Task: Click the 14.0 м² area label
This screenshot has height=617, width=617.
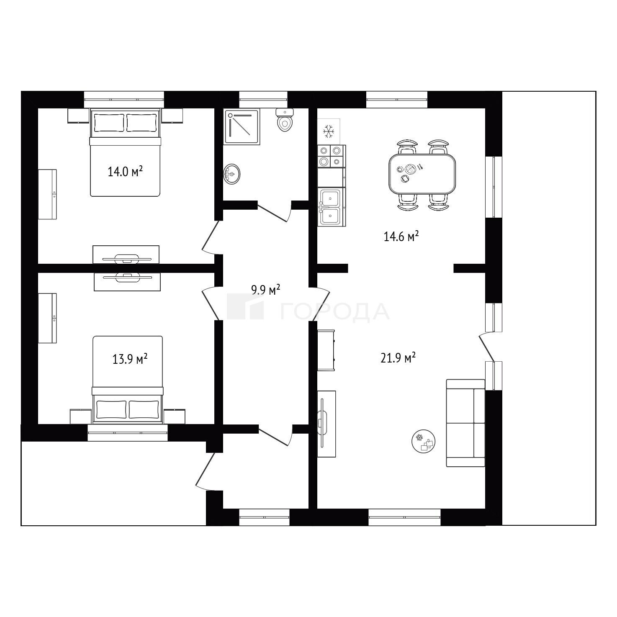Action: click(x=125, y=172)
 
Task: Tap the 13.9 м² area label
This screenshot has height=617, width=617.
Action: click(x=130, y=359)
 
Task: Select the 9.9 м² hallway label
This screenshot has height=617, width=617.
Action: click(x=266, y=290)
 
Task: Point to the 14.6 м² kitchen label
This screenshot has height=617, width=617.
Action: click(x=401, y=237)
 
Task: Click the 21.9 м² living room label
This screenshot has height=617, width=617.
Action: click(x=398, y=358)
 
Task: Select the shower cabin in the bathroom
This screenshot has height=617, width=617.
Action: click(x=242, y=127)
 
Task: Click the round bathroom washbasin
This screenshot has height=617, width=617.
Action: click(x=232, y=174)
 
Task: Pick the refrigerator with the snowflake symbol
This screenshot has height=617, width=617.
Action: click(x=329, y=131)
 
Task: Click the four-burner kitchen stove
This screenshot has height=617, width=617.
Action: click(x=332, y=156)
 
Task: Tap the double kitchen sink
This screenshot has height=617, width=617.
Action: click(x=332, y=207)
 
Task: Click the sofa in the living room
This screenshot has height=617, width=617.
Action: click(x=465, y=423)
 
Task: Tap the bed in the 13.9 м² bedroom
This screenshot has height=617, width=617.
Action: click(x=127, y=380)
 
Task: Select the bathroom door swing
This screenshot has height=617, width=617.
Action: click(x=275, y=211)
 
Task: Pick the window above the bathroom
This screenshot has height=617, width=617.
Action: click(x=263, y=99)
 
